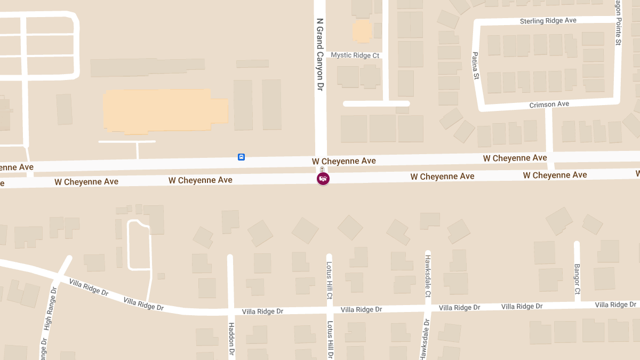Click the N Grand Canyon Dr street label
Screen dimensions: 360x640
[x=320, y=54]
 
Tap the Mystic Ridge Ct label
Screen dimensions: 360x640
[x=355, y=55]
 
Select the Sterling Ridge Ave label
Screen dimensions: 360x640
[x=548, y=21]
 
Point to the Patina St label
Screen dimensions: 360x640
[x=476, y=66]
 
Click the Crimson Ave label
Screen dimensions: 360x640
[x=549, y=105]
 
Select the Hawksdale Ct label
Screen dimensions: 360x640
[x=428, y=276]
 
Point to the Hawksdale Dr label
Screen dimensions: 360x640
[x=426, y=340]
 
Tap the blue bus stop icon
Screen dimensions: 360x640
[x=241, y=157]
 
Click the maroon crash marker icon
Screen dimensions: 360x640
[x=323, y=179]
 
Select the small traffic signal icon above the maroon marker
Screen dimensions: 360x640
[x=322, y=169]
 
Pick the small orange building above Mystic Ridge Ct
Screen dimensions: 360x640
[x=362, y=31]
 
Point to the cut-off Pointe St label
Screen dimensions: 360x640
[x=618, y=22]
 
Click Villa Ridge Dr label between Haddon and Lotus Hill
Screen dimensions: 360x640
[x=262, y=311]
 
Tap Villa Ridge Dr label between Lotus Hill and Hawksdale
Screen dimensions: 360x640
[x=361, y=309]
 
